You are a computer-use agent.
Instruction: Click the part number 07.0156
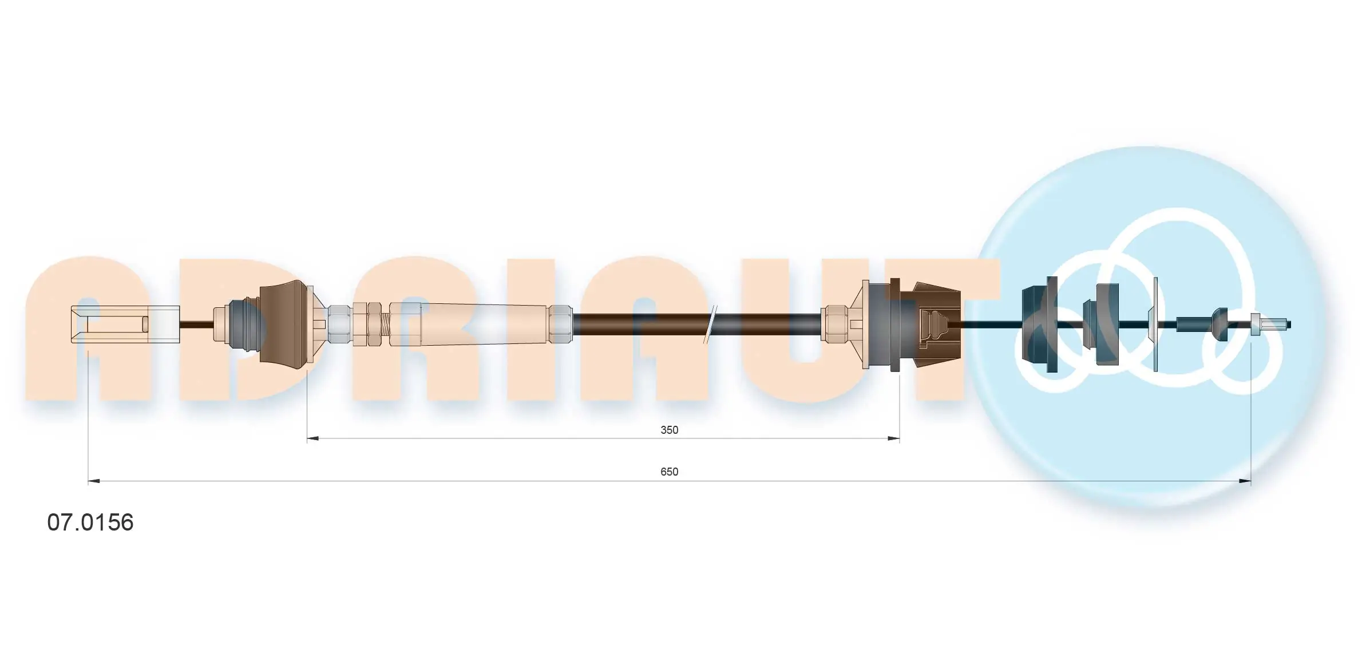(x=90, y=523)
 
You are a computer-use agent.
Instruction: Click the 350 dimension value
(x=669, y=430)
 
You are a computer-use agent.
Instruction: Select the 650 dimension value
(x=669, y=472)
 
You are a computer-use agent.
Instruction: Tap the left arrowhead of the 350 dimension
(x=312, y=439)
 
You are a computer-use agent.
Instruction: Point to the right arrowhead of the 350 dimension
(x=893, y=439)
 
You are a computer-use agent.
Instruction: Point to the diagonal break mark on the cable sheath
(x=711, y=325)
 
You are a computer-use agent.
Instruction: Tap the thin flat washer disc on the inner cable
(x=1155, y=325)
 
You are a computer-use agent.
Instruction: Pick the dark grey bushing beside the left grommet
(x=244, y=325)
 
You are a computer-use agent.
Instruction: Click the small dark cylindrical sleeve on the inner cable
(x=1186, y=325)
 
